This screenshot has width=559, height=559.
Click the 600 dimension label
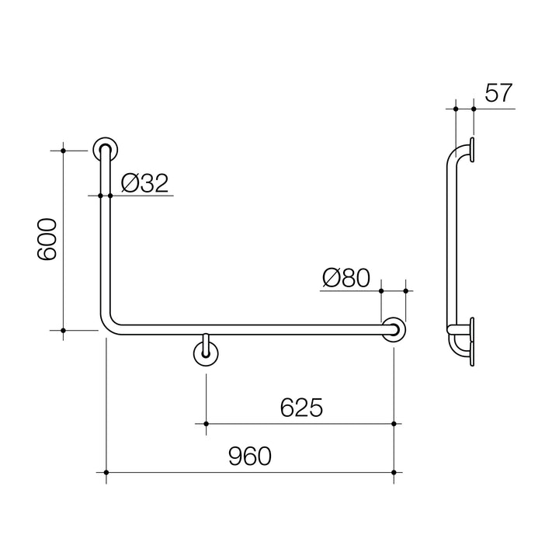click(x=47, y=240)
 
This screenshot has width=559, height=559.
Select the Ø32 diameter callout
click(x=144, y=183)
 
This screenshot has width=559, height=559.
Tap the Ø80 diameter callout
click(x=346, y=278)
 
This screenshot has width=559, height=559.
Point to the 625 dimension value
click(x=301, y=408)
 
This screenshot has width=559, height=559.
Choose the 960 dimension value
click(x=250, y=457)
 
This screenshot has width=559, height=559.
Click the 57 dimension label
click(x=498, y=93)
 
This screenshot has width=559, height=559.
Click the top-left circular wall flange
click(x=105, y=149)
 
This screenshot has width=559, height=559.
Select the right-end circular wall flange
click(x=394, y=330)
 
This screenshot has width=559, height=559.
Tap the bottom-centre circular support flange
click(x=206, y=354)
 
